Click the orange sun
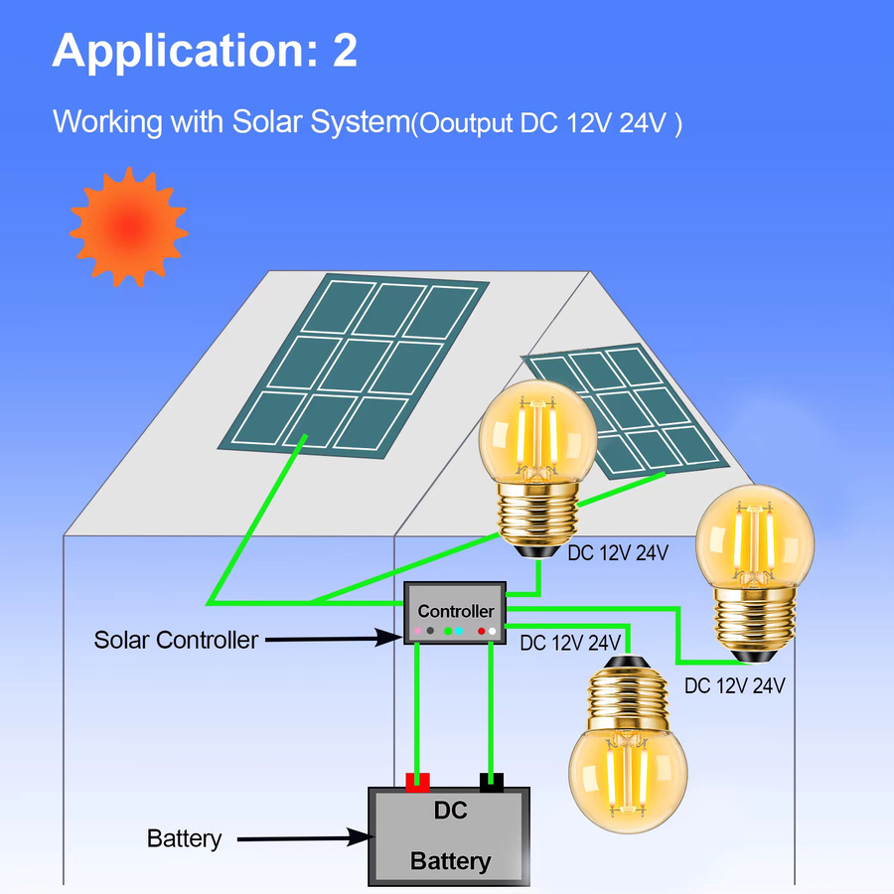coord(129,226)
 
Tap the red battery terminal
coord(417,783)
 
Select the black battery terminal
coord(491,783)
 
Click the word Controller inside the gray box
coord(456,611)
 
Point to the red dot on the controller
coord(481,631)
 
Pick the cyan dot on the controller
coord(459,631)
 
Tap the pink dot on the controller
coord(418,631)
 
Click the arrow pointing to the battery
coord(306,838)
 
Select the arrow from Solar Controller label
coord(334,638)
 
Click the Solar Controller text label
coord(176,641)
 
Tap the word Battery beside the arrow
coord(184,839)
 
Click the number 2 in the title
coord(345,51)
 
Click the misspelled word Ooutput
coord(466,124)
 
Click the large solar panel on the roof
coord(354,366)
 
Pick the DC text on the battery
coord(450,811)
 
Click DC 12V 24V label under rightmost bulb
coord(734,685)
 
